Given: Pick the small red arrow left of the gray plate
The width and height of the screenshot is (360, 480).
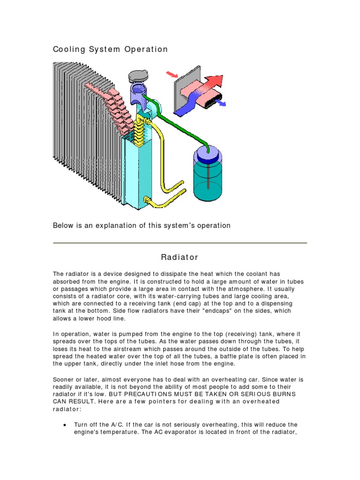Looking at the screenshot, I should point(172,74).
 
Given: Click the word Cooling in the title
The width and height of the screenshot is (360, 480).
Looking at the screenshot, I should point(68,49).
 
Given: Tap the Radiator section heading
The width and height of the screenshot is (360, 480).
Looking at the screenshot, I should point(180,257).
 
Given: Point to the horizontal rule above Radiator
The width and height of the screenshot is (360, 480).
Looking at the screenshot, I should point(180,243).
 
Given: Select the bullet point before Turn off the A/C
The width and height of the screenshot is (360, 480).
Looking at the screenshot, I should point(64,425).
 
